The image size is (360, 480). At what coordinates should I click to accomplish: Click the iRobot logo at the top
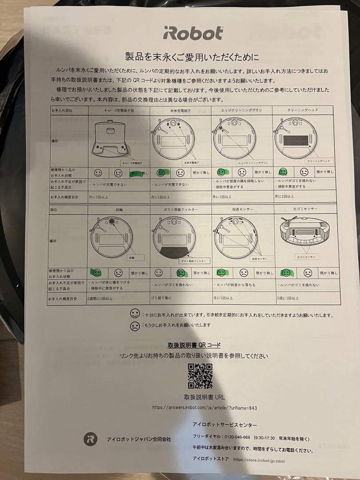192,33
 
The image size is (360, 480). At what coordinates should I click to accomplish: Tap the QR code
200,376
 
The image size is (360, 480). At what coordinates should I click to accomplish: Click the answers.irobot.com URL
204,407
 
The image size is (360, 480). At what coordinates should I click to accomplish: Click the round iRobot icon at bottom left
90,439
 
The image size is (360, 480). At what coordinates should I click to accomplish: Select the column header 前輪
119,209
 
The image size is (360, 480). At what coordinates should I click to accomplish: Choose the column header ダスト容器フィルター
180,209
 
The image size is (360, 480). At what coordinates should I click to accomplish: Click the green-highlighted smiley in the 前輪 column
96,273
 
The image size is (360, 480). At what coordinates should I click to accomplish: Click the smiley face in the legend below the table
135,314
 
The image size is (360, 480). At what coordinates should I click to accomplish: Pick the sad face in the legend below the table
135,325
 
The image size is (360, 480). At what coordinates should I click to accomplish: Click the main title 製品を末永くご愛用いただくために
192,57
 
